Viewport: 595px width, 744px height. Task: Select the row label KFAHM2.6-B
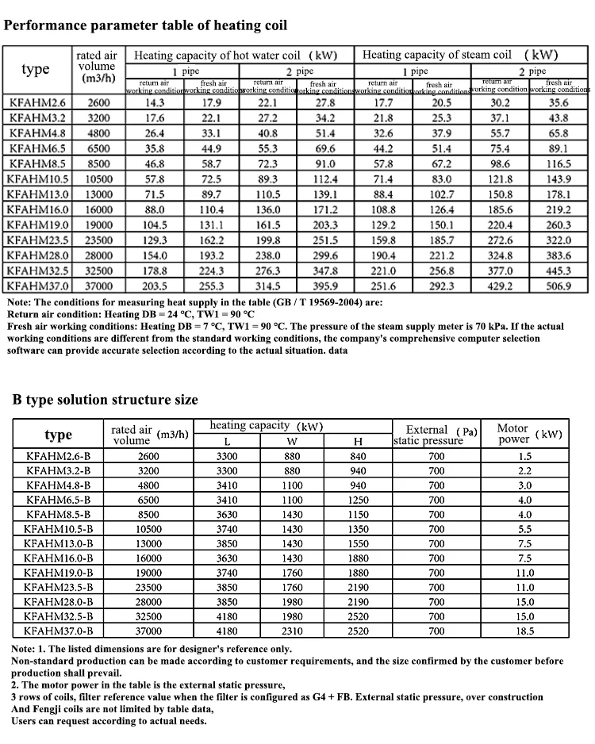59,456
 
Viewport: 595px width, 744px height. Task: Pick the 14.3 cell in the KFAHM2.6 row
155,102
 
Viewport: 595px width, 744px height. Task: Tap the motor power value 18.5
525,631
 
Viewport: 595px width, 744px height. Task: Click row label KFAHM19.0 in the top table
37,224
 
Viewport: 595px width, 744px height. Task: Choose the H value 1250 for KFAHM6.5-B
359,500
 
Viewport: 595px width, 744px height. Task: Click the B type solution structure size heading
105,399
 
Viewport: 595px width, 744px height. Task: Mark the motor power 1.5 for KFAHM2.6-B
525,456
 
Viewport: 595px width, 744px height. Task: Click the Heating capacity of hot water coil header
235,55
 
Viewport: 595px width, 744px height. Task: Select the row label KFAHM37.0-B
59,631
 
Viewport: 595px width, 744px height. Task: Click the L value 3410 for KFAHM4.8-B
227,485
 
